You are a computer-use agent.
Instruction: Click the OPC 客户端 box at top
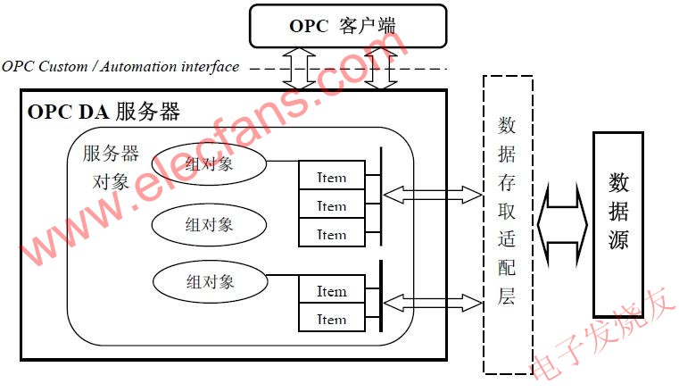[346, 26]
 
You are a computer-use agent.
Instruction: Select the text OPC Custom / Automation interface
[120, 67]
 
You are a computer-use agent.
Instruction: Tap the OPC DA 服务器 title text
[104, 113]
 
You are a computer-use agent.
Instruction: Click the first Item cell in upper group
[331, 177]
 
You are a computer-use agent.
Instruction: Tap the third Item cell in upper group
[331, 235]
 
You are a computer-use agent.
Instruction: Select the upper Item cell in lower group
[331, 291]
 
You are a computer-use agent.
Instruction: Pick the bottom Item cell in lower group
[331, 319]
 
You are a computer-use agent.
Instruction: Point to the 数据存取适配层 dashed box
[507, 223]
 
